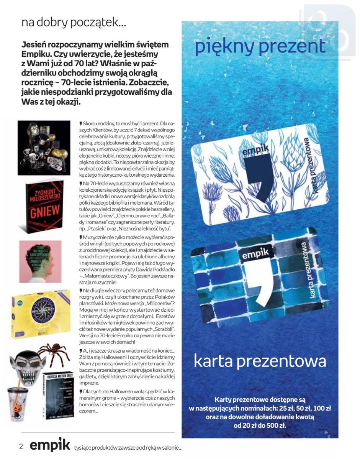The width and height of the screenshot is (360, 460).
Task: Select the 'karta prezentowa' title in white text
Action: [x=260, y=361]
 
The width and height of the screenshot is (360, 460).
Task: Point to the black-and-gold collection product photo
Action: [x=44, y=148]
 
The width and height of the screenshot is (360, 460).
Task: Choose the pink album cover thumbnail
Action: [x=40, y=261]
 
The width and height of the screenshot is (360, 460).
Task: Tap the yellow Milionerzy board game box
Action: [x=40, y=313]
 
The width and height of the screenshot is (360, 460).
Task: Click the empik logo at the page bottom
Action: [x=50, y=446]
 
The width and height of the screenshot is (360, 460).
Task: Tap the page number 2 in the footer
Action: [x=21, y=447]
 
